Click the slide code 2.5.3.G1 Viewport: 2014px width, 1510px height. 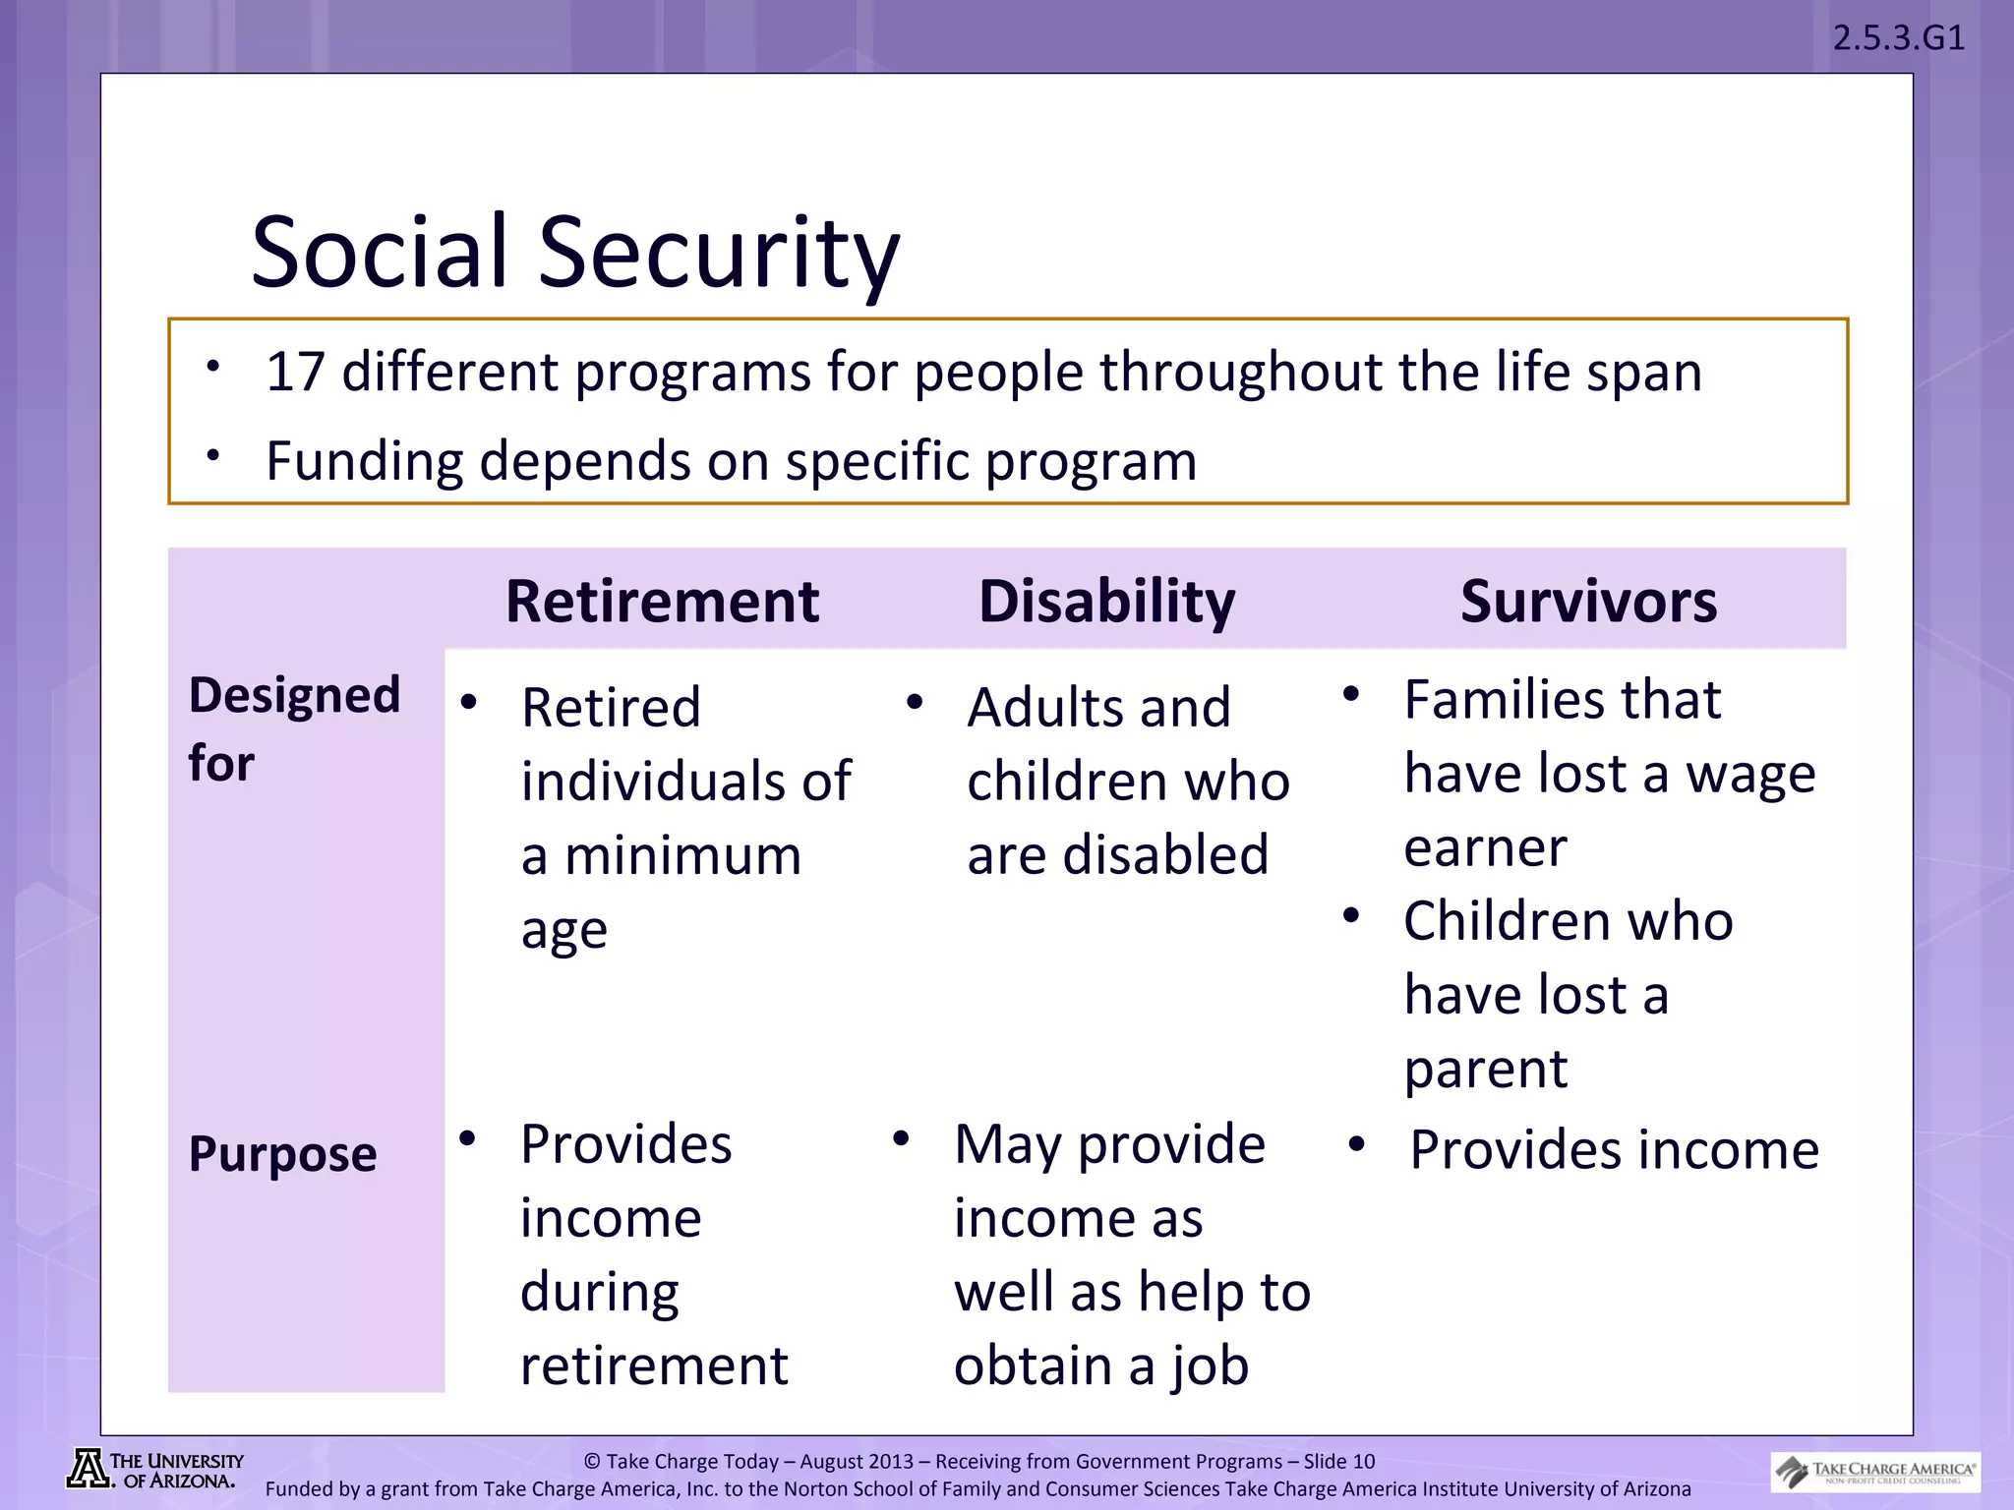(1898, 38)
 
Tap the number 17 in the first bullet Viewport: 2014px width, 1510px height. (295, 373)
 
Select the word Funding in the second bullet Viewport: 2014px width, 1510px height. (363, 461)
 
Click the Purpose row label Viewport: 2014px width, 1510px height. (282, 1153)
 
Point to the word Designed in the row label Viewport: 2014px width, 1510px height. (294, 695)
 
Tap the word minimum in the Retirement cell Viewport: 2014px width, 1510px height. (682, 854)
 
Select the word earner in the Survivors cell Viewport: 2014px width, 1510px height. (1485, 847)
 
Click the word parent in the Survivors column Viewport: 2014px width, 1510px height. (1485, 1069)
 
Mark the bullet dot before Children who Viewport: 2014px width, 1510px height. (1351, 916)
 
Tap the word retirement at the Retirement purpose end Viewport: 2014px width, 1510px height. (654, 1365)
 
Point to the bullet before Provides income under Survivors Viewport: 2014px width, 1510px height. (1357, 1144)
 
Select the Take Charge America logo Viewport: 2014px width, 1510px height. (1875, 1472)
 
